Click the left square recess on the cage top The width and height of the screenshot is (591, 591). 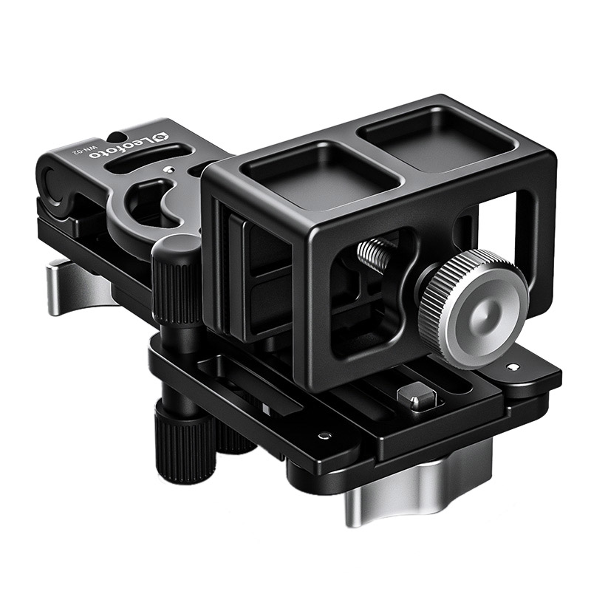pyautogui.click(x=319, y=175)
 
